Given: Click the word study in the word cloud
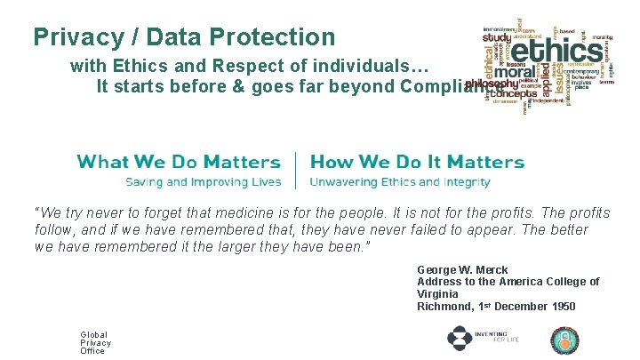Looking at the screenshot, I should (497, 38).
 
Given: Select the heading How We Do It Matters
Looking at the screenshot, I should (417, 162).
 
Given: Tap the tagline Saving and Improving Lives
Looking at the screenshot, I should (204, 182).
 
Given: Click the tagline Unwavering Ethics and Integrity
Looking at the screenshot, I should (400, 182).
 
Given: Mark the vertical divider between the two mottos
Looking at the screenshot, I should (295, 170).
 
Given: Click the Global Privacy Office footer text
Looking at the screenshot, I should (95, 342).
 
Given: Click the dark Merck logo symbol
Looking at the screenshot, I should (460, 339).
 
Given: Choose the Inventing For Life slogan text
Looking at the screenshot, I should (491, 337).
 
